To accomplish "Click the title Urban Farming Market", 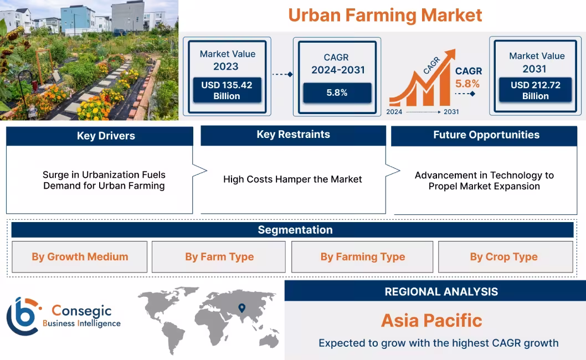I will click(385, 15).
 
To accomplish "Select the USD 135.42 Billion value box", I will click(227, 90).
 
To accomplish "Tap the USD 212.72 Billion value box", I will click(535, 90).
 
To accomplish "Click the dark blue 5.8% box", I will click(337, 92).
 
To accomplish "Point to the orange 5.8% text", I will click(467, 84).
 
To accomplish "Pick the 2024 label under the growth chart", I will click(394, 112).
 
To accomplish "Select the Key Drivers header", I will click(100, 136).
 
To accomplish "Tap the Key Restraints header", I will click(293, 135).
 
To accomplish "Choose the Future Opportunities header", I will click(486, 135).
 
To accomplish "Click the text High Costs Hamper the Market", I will click(292, 179).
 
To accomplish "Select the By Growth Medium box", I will click(80, 257).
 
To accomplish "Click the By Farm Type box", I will click(219, 257).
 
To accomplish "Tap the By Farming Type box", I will click(362, 257).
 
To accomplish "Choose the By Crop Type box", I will click(503, 257).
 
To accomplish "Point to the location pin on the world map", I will click(241, 308).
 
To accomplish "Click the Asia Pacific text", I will click(431, 320).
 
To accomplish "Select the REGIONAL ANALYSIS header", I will click(441, 291).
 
